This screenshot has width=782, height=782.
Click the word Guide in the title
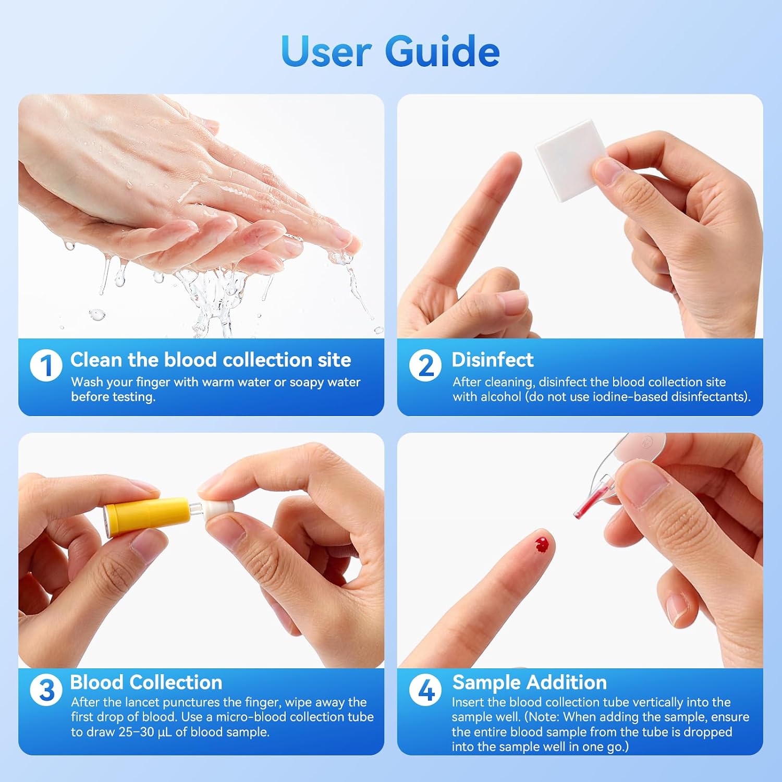442,52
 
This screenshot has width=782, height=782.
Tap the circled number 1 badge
46,365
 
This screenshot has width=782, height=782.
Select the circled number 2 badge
425,365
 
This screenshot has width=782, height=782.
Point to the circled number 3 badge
46,690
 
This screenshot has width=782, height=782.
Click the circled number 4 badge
425,690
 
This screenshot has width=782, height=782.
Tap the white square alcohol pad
571,160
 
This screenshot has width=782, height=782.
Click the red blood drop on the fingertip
542,545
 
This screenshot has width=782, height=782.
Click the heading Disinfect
493,360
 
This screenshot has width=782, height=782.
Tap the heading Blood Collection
146,682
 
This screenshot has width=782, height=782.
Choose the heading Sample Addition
530,682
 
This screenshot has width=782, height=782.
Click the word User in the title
326,52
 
